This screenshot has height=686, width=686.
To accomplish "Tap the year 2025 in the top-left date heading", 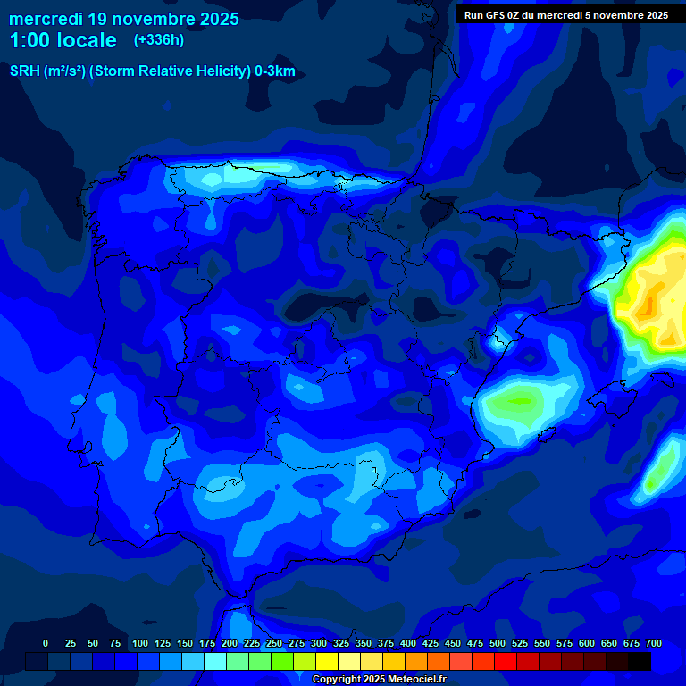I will tap(215, 19).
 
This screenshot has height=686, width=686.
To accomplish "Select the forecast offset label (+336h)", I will tap(158, 40).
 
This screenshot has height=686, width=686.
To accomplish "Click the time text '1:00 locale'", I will tap(63, 40).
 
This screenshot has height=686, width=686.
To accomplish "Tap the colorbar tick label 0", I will tap(46, 643).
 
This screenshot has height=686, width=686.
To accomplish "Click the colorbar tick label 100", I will tap(140, 643).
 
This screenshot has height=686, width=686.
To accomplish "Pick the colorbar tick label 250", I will tap(274, 643).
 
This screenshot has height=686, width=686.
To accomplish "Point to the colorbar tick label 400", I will tap(408, 643).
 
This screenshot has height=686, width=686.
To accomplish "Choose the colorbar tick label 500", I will tap(498, 643).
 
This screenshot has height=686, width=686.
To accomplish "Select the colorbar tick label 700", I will tap(654, 643).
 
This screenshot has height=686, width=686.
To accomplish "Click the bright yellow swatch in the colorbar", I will tap(327, 662).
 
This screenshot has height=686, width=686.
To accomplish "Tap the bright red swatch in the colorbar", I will tap(506, 662).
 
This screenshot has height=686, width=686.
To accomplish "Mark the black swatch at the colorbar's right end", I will tap(640, 662).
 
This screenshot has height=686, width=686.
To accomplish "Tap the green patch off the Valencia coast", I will tap(514, 399).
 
